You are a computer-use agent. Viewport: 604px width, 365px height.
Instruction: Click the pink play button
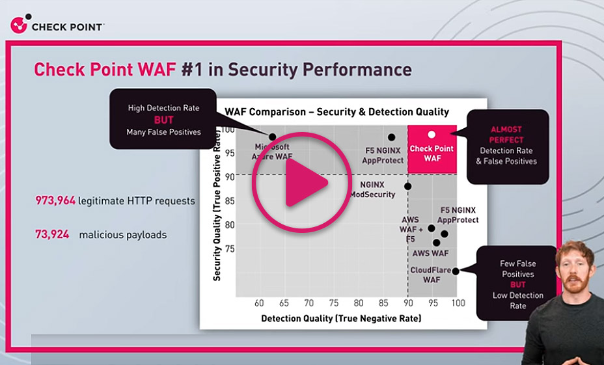click(302, 183)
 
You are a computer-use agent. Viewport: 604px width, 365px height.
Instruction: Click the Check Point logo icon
click(20, 25)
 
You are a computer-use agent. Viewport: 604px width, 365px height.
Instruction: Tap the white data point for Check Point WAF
click(432, 135)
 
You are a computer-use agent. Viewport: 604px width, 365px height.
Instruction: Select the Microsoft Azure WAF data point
click(273, 137)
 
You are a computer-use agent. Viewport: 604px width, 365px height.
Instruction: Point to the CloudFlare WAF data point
click(456, 271)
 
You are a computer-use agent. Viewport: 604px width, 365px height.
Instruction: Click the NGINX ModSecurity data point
click(407, 186)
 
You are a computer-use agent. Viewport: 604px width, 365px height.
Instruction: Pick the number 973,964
click(55, 201)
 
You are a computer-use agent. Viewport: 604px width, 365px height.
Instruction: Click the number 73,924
click(52, 234)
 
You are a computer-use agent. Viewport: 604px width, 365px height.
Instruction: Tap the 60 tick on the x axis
click(259, 303)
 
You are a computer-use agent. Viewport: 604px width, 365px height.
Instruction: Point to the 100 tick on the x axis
click(458, 303)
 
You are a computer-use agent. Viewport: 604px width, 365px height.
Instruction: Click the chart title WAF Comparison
click(336, 112)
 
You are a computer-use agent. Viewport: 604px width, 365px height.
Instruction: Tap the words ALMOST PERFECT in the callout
click(506, 135)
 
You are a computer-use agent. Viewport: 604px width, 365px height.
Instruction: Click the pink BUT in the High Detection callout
click(163, 120)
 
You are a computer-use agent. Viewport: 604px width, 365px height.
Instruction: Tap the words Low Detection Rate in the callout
click(517, 301)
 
